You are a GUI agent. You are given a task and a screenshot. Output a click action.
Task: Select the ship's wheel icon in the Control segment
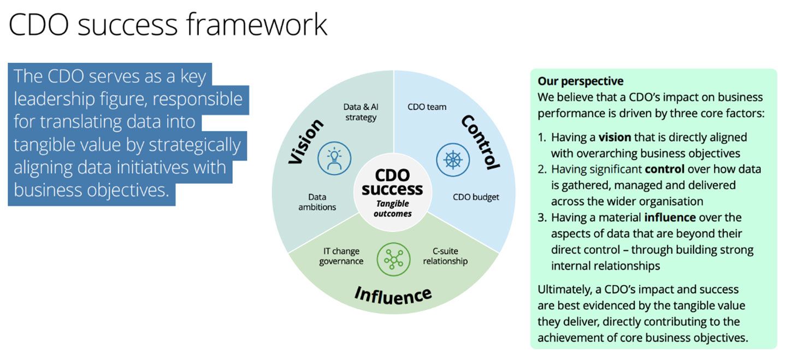pos(453,160)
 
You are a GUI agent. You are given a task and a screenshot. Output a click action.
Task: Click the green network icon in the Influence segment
pos(393,259)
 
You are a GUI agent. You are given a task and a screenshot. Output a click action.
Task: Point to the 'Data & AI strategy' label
pos(360,112)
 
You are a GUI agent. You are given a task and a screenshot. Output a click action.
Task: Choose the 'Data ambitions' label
pos(322,202)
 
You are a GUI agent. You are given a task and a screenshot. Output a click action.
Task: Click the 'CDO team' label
pos(427,107)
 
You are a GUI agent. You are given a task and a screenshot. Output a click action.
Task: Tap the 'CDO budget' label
pos(476,197)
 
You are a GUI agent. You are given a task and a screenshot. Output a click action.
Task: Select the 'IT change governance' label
pos(341,256)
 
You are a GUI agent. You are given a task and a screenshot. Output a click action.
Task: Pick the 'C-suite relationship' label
pos(446,256)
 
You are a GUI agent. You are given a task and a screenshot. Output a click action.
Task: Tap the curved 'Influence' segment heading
pos(393,295)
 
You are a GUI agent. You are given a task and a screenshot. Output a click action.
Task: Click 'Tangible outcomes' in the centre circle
pos(393,208)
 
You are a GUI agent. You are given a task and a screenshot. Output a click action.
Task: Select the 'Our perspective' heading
pos(580,81)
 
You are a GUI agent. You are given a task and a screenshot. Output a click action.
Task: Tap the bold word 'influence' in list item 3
pos(670,217)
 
